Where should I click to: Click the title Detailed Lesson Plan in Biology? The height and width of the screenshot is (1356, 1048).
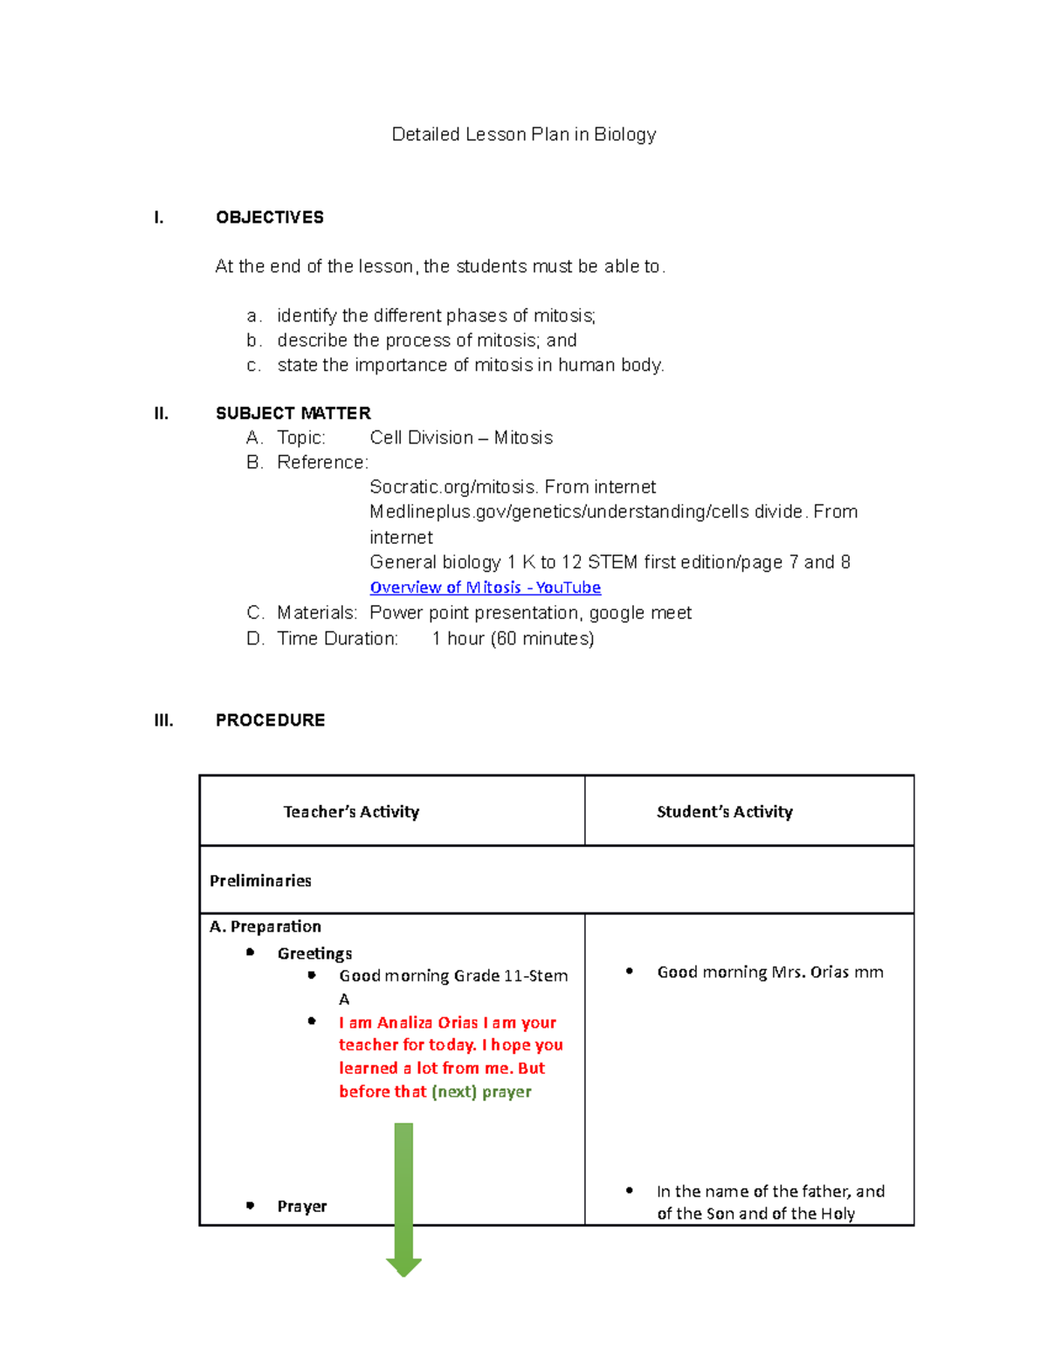pos(523,134)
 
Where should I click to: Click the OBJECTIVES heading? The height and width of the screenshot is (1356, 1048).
pos(269,217)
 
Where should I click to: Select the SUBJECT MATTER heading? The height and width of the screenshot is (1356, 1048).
pos(293,413)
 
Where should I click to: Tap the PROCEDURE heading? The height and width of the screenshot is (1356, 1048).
pos(270,720)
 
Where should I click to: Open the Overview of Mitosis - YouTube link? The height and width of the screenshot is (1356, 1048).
pos(485,588)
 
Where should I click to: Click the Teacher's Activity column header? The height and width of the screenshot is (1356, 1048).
pos(351,812)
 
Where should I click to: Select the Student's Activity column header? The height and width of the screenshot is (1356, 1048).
pos(724,812)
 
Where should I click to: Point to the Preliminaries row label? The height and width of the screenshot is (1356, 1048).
pos(260,881)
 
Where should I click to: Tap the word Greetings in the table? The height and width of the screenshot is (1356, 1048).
pos(314,953)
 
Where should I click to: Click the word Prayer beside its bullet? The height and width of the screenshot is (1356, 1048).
pos(301,1207)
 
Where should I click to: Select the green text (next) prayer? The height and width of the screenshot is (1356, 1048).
pos(481,1091)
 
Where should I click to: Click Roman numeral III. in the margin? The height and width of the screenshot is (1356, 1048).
pos(163,720)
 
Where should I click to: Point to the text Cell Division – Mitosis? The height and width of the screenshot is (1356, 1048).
pos(461,437)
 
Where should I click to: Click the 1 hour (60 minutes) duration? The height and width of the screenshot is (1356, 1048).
pos(513,638)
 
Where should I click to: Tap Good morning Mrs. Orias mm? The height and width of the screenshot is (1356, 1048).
pos(769,972)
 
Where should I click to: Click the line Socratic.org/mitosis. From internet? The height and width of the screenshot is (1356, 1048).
pos(513,487)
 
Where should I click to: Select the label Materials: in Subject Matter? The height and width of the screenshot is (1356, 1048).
pos(317,613)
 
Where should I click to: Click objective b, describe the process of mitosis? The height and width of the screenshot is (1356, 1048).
pos(426,341)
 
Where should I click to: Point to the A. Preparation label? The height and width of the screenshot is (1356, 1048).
pos(265,926)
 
